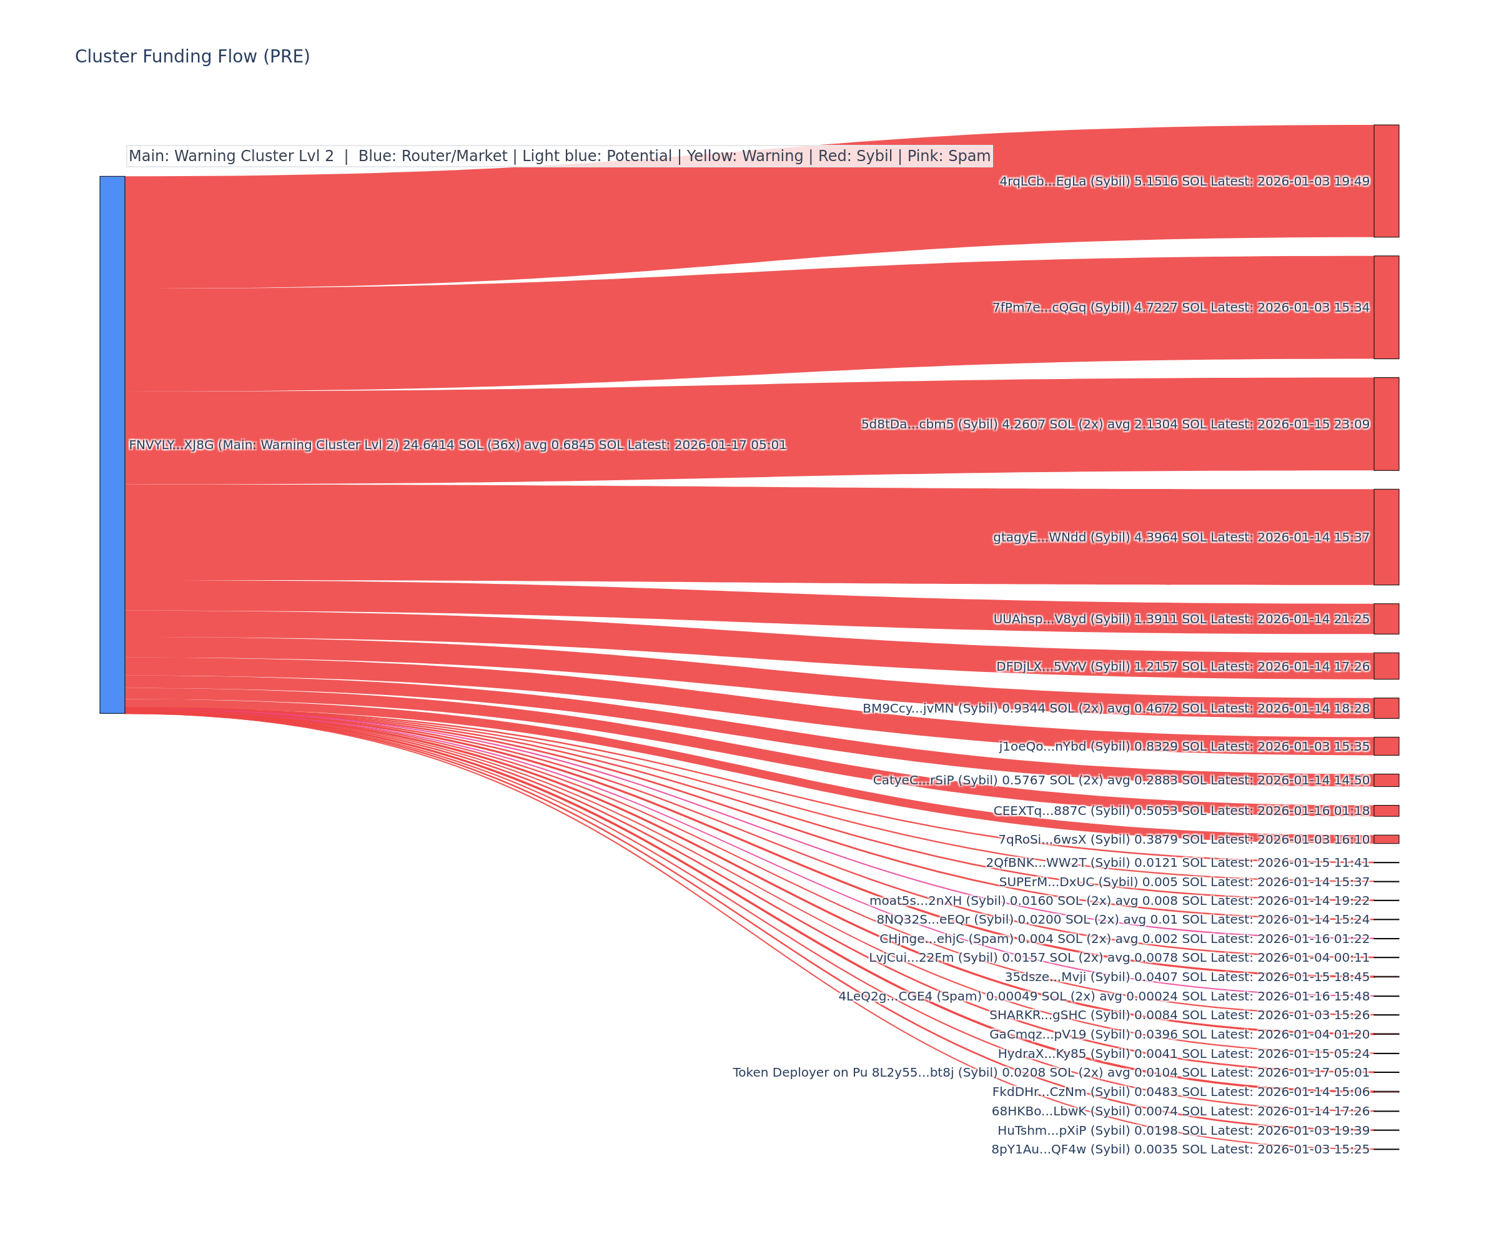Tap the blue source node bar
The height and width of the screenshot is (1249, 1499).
tap(112, 445)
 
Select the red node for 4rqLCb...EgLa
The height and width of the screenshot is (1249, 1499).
tap(1386, 180)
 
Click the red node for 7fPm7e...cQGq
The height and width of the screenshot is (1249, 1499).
tap(1386, 307)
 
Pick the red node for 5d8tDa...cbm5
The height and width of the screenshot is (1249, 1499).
tap(1386, 424)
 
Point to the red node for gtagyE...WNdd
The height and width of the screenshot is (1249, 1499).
tap(1386, 536)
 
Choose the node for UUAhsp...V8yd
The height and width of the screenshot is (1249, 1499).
tap(1386, 619)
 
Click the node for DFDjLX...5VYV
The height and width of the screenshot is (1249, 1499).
tap(1386, 666)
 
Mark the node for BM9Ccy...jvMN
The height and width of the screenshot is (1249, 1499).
tap(1386, 708)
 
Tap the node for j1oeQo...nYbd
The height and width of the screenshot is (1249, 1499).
tap(1386, 746)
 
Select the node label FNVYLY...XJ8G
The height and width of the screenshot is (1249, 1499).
tap(457, 445)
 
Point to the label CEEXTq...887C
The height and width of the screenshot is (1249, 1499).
tap(1180, 811)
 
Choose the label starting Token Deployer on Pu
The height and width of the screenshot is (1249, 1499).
tap(1051, 1072)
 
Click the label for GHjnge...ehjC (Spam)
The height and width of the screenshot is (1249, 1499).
tap(1124, 939)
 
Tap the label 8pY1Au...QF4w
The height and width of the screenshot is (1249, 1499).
tap(1180, 1149)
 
